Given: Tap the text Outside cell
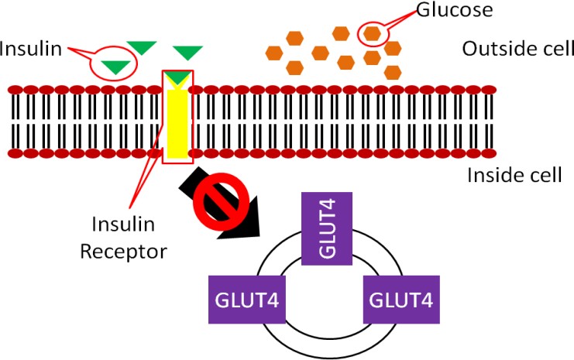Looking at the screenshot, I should click(x=517, y=49).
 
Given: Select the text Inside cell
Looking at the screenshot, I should click(x=514, y=175).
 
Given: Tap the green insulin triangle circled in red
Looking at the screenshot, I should click(x=115, y=67).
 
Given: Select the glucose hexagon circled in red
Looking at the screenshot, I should click(x=373, y=33).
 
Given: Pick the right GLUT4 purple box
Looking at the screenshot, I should click(x=401, y=299).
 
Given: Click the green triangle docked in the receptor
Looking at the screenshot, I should click(x=178, y=77).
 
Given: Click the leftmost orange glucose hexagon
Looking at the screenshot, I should click(x=273, y=53).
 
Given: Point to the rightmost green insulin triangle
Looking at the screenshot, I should click(x=187, y=53).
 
